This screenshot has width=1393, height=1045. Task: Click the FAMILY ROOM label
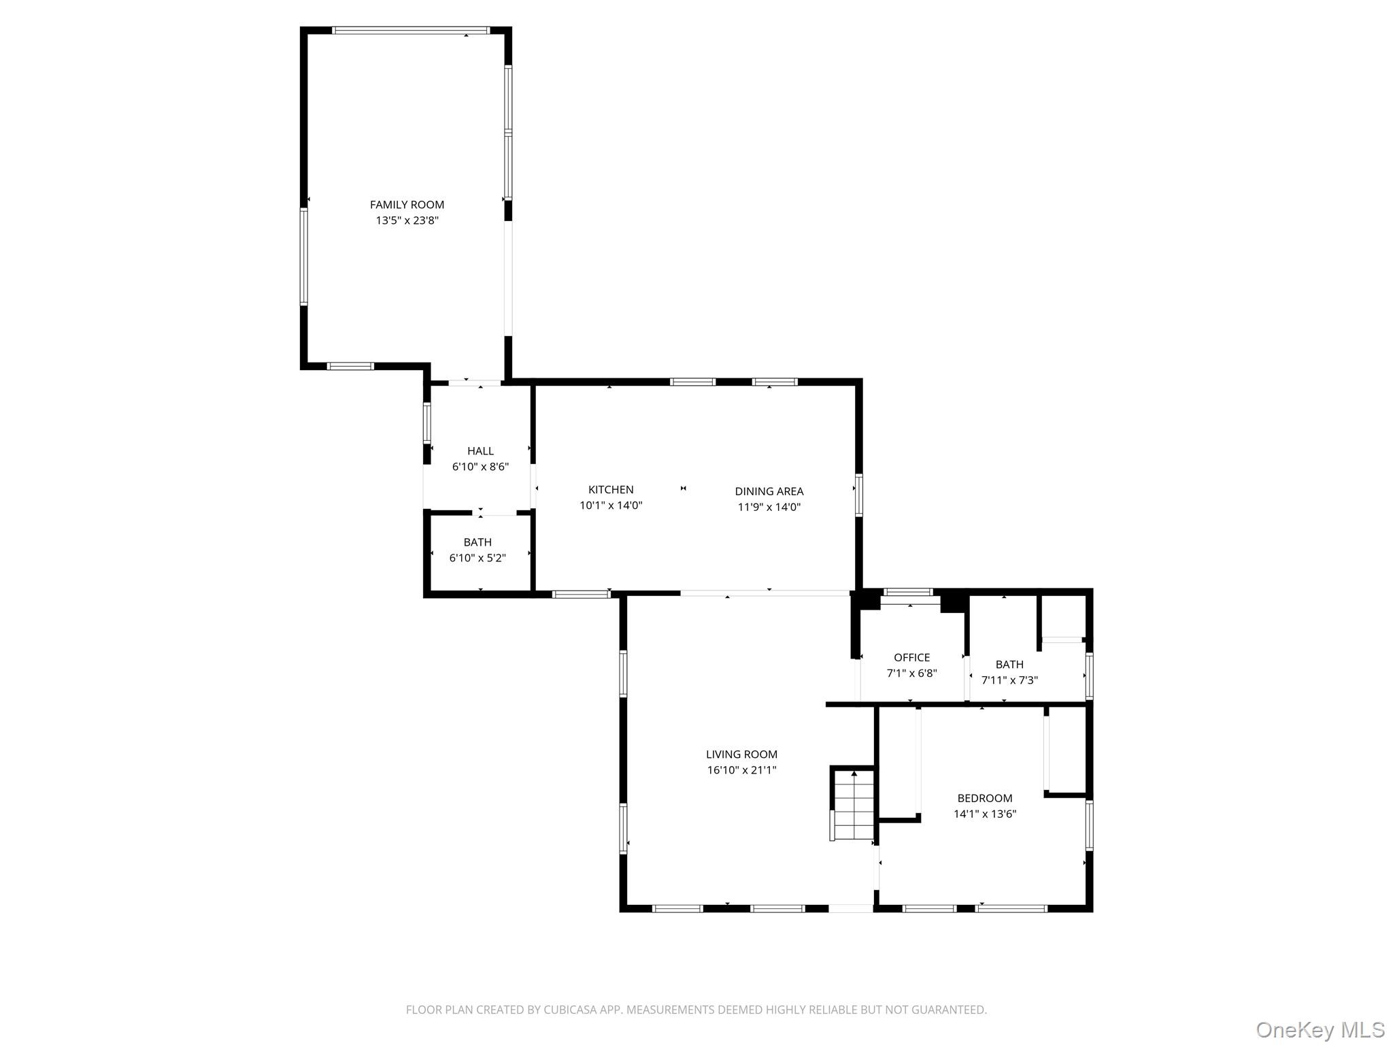(407, 205)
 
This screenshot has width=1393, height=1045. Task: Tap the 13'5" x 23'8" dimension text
(407, 220)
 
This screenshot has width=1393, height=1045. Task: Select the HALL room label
(480, 451)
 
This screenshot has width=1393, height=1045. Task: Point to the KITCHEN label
(611, 490)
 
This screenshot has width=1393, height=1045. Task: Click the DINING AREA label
(769, 491)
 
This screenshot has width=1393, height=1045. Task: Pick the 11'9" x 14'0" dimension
(769, 507)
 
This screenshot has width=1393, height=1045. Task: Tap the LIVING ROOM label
(741, 754)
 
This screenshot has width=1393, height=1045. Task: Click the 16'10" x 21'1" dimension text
(741, 770)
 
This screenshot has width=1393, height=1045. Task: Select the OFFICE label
(911, 658)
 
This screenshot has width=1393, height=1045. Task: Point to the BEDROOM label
(984, 798)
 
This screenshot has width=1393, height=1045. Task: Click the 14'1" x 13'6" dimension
(984, 814)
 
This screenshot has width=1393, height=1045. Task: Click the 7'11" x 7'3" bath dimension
(1009, 680)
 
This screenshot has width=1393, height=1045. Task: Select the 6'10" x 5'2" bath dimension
(477, 558)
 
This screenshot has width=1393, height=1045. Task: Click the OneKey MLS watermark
(1320, 1029)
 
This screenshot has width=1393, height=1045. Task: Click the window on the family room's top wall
(411, 31)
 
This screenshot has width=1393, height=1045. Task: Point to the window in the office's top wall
(908, 592)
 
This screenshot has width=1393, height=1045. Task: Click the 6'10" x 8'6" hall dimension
(480, 467)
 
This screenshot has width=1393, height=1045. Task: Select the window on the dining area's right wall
(859, 495)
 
